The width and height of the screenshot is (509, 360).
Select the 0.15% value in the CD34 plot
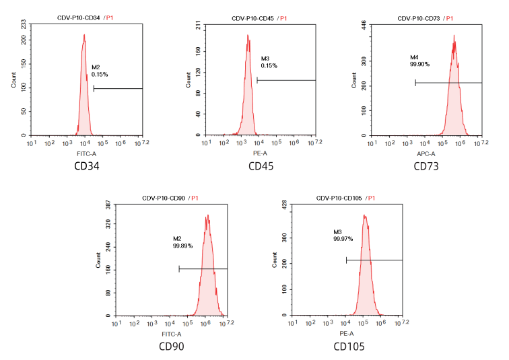pyautogui.click(x=100, y=74)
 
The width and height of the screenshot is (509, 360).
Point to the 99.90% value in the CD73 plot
pyautogui.click(x=419, y=64)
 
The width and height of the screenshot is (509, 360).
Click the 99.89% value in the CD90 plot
pyautogui.click(x=182, y=246)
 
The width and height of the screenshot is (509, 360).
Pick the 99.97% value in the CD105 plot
pyautogui.click(x=343, y=238)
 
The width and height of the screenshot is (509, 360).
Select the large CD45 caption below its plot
pyautogui.click(x=261, y=166)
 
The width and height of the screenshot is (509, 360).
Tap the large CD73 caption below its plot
pyautogui.click(x=427, y=166)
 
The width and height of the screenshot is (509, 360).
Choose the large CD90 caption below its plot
pyautogui.click(x=172, y=346)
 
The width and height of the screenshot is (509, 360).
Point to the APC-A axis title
pyautogui.click(x=427, y=153)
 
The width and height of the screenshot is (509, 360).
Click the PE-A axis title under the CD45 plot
pyautogui.click(x=261, y=153)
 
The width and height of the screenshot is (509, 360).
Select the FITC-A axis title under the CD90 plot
pyautogui.click(x=172, y=334)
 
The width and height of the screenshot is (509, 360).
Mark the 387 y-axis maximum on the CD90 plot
pyautogui.click(x=108, y=205)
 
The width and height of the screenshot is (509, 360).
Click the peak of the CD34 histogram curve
pyautogui.click(x=84, y=35)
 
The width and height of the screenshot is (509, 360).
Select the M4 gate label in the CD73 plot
pyautogui.click(x=415, y=57)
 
